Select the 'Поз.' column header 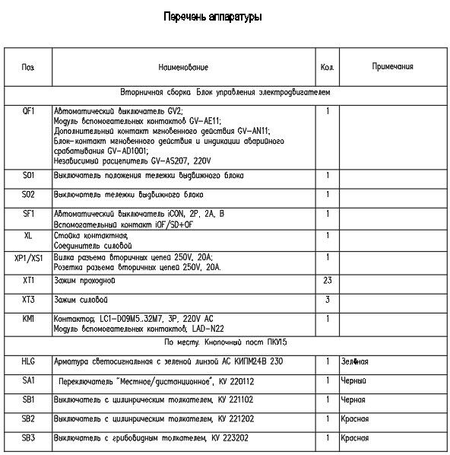(28, 68)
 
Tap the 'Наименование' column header (183, 68)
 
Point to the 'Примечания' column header (392, 67)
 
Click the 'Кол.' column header (328, 68)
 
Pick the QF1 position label (29, 110)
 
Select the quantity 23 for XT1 (328, 282)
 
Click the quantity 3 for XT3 (328, 301)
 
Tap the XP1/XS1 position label (29, 259)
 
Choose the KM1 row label (29, 319)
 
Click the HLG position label (29, 361)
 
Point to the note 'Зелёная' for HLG (354, 362)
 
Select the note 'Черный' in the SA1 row (354, 380)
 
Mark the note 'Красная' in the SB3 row (356, 438)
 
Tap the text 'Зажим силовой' (81, 301)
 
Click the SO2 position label (29, 195)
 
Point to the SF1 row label (29, 214)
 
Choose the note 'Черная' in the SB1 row (354, 399)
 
